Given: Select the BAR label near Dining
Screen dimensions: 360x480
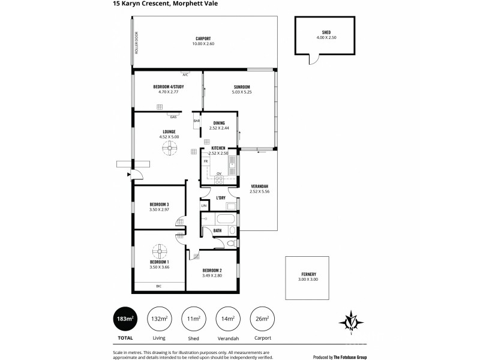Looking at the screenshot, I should click(197, 121).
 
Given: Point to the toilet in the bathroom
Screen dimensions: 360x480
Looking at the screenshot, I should click(232, 243).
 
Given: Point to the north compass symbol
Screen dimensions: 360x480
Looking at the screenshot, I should click(350, 320).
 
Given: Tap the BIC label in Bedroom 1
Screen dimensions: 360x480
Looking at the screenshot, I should click(159, 286).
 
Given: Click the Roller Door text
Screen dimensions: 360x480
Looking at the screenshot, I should click(136, 43).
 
